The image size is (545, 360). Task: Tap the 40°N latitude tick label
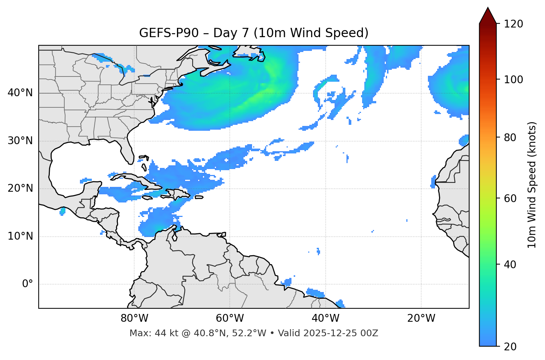point(20,93)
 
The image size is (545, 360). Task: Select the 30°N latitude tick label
point(20,141)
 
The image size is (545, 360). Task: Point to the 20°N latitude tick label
point(20,188)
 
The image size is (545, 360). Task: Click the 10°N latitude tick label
point(20,236)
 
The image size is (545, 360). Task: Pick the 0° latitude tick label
point(28,284)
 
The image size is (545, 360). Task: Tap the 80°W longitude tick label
point(134,318)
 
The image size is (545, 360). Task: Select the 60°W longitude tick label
point(230,318)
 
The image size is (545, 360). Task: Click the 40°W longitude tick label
point(326,318)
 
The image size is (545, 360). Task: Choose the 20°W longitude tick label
point(421,318)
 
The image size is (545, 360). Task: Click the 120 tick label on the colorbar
point(513,24)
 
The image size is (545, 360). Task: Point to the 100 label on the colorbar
point(513,80)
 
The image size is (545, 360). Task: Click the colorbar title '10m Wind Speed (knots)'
point(532,185)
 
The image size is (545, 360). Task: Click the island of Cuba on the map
point(136,179)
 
